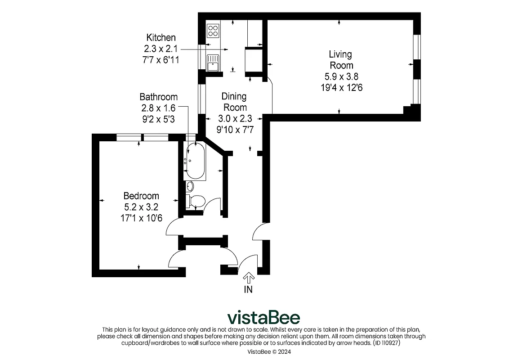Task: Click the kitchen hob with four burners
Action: pos(213,31)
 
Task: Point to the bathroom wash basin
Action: pos(190,186)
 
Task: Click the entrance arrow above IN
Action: pos(248,278)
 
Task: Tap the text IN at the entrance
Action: pos(248,290)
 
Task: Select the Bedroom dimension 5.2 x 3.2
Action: pos(141,207)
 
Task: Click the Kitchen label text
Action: pos(161,38)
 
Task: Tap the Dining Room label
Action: pos(234,102)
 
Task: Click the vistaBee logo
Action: pos(263,318)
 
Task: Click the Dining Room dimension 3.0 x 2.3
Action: pos(234,119)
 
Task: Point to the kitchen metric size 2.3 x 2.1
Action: pos(161,49)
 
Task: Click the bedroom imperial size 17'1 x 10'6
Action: pos(141,218)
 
